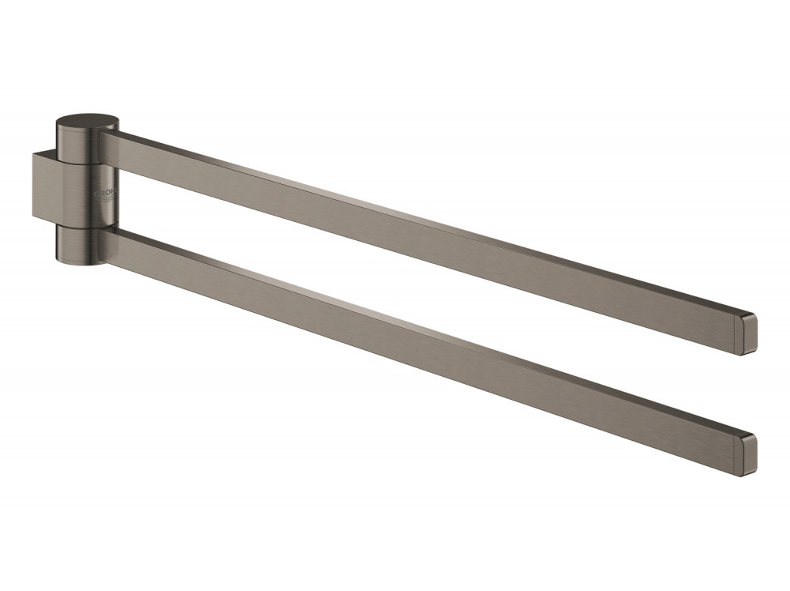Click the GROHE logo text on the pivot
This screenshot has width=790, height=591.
[x=106, y=192]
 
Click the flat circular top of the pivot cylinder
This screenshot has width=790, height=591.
[x=88, y=122]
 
